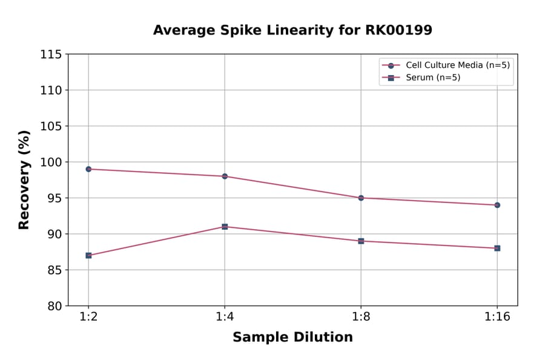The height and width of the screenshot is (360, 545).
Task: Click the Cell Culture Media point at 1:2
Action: coord(88,169)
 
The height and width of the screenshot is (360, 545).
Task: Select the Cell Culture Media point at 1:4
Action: coord(225,176)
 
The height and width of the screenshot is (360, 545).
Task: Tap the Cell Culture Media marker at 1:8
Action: coord(361,198)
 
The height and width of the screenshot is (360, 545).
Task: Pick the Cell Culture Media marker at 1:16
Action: coord(497,205)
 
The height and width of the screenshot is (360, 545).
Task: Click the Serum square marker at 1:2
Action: coord(88,255)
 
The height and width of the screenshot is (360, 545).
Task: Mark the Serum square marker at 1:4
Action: coord(225,227)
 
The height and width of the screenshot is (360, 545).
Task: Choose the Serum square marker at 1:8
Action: coord(361,241)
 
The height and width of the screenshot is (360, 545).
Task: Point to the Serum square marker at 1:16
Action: coord(497,248)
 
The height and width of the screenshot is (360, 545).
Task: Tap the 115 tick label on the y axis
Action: coord(51,55)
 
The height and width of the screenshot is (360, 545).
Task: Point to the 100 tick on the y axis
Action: coord(51,162)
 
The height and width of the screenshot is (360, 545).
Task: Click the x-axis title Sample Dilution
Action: coord(292,338)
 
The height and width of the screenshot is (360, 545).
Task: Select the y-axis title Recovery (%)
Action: coord(24,179)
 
